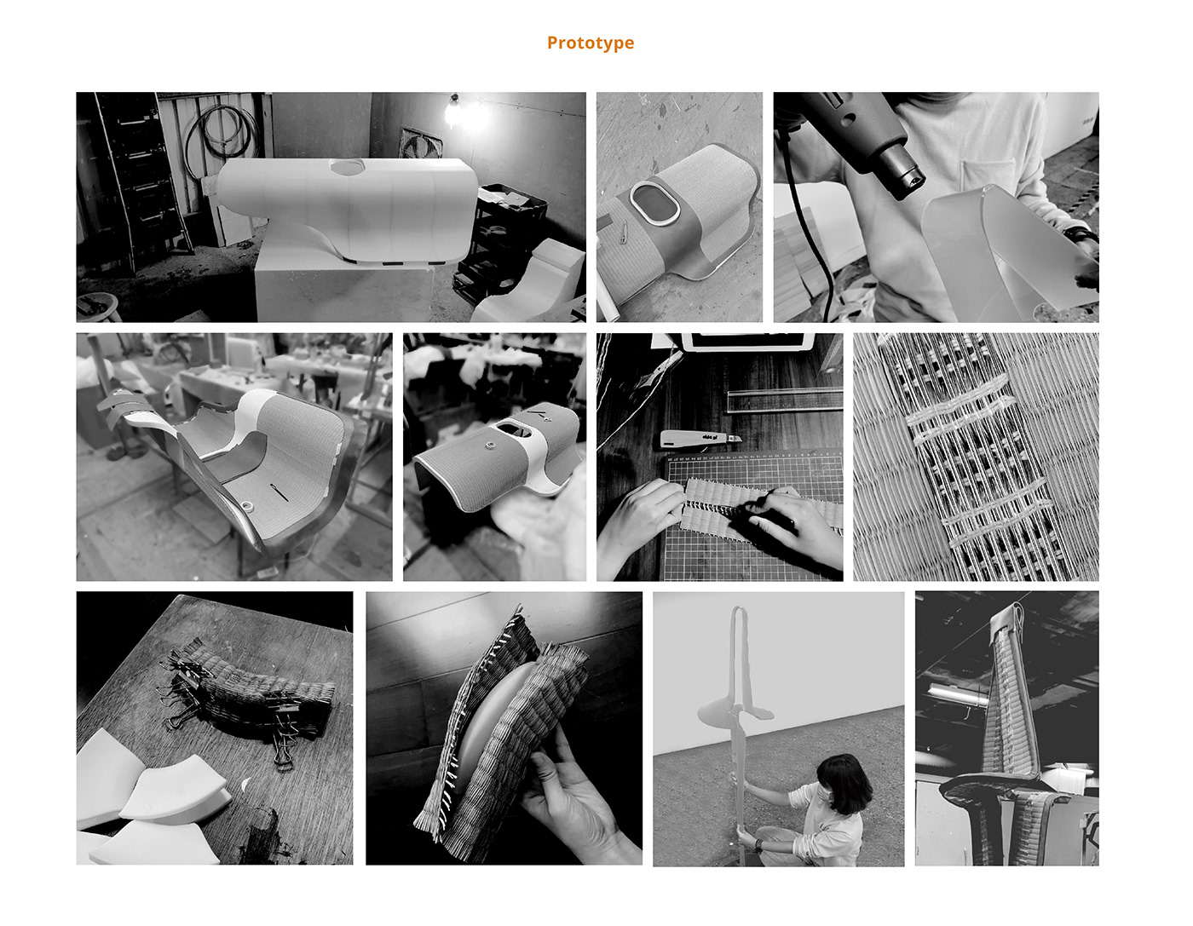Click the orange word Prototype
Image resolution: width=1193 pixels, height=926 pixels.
pos(590,43)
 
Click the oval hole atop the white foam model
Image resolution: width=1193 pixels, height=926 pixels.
pos(347,167)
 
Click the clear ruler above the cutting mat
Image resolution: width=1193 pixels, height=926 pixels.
pos(784,400)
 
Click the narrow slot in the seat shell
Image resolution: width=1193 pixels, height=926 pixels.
pos(279,492)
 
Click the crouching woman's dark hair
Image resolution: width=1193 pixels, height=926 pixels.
pos(844,779)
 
